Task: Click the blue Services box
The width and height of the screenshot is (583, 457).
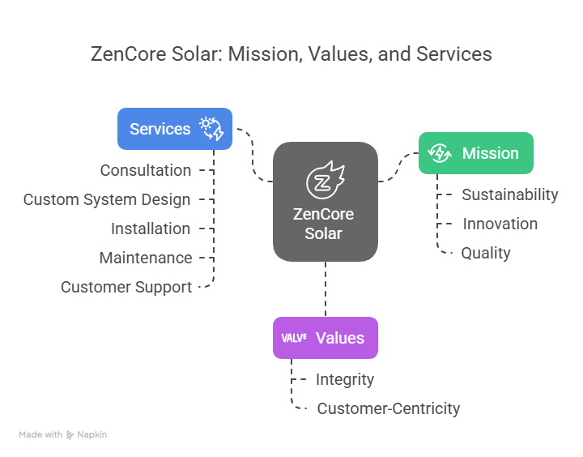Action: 175,129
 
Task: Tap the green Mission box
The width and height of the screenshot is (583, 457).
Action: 476,153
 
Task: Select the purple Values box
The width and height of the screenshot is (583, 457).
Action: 326,338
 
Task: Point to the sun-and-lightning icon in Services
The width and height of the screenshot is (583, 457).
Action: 211,129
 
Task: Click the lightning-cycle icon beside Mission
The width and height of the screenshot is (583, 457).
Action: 440,153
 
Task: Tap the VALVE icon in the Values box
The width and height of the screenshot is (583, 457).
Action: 294,338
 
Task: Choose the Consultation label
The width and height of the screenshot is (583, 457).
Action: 146,170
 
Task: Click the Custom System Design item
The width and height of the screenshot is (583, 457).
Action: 107,200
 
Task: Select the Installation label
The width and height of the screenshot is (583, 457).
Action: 151,228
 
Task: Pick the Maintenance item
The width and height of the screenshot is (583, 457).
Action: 146,258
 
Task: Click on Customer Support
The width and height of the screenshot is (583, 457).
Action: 126,288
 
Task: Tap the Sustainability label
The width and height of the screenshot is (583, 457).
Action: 510,194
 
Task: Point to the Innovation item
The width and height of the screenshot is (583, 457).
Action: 500,224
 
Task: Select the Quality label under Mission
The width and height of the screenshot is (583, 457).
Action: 486,254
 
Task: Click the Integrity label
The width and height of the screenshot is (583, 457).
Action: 345,379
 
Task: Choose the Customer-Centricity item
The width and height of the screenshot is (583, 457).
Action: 389,408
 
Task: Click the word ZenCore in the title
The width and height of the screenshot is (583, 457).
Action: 128,54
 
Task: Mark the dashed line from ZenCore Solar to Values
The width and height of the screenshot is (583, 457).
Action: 326,289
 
